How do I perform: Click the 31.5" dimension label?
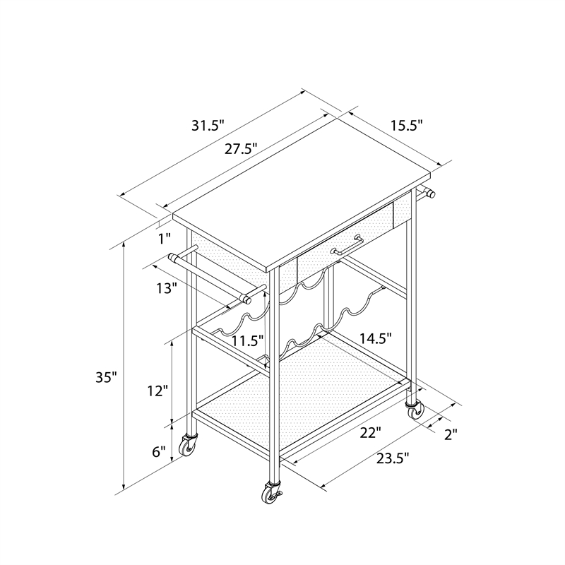pyautogui.click(x=208, y=126)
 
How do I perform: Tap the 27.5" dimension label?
pyautogui.click(x=241, y=149)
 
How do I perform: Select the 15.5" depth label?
pyautogui.click(x=407, y=126)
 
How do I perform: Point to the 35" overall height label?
pyautogui.click(x=107, y=377)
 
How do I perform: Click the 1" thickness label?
pyautogui.click(x=165, y=238)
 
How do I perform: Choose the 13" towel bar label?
pyautogui.click(x=167, y=288)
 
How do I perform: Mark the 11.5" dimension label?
pyautogui.click(x=248, y=340)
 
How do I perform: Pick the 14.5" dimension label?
pyautogui.click(x=376, y=338)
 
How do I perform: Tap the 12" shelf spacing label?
pyautogui.click(x=157, y=391)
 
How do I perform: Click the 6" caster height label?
pyautogui.click(x=158, y=451)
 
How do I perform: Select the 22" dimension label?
pyautogui.click(x=371, y=433)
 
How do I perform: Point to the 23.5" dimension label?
pyautogui.click(x=393, y=458)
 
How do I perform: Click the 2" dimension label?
pyautogui.click(x=451, y=434)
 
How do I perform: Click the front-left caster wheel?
pyautogui.click(x=189, y=446)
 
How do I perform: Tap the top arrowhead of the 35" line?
pyautogui.click(x=124, y=244)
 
